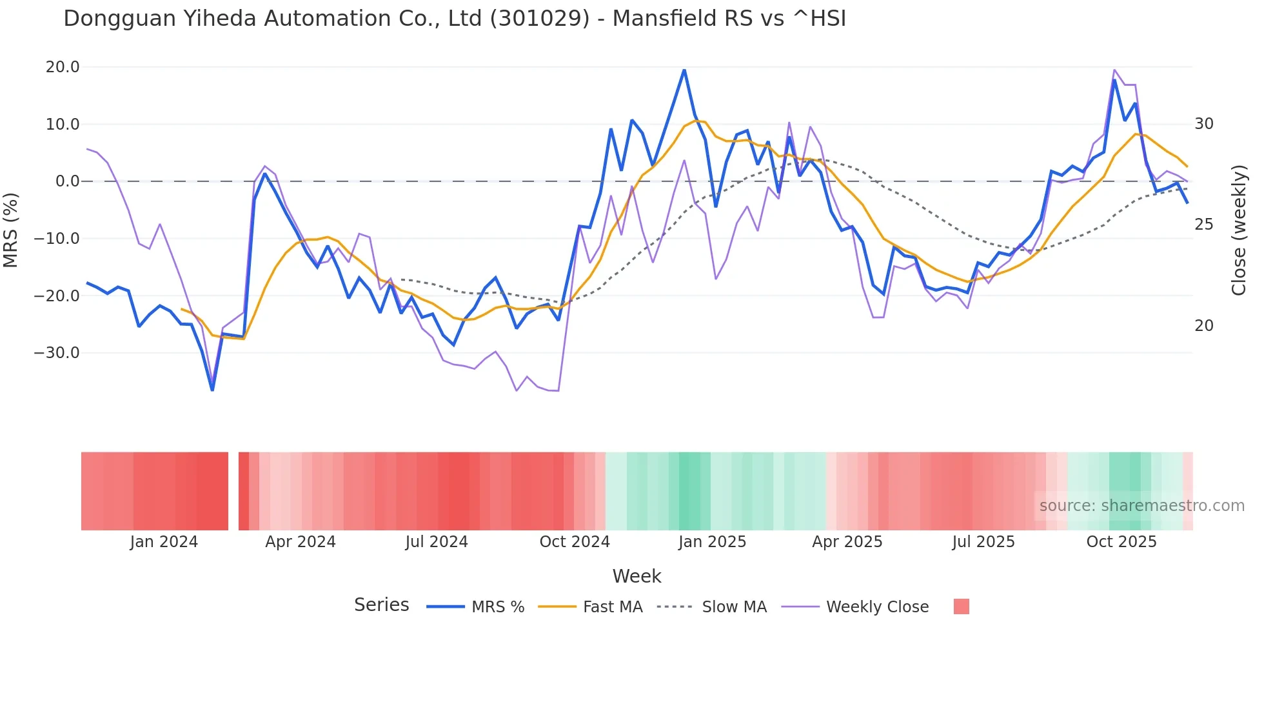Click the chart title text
[455, 19]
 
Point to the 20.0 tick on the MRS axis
[63, 67]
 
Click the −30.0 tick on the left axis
[57, 353]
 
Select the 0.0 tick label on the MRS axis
[67, 181]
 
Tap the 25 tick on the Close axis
[1204, 225]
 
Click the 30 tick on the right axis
[1204, 124]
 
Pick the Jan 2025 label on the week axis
[712, 542]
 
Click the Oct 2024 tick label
[575, 542]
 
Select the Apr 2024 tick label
[301, 542]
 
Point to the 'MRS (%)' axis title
[11, 230]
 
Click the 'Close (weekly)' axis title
[1238, 230]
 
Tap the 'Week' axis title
[637, 576]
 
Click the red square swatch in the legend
[961, 606]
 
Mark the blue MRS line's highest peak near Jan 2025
[684, 70]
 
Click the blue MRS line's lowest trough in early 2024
[212, 390]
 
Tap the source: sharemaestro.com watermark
[1141, 506]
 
